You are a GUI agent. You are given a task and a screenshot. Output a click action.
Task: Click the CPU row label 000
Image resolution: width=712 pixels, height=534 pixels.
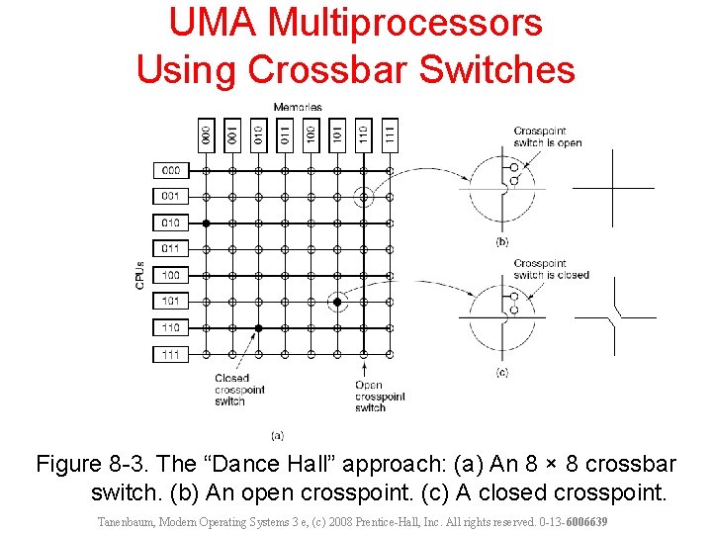coord(171,170)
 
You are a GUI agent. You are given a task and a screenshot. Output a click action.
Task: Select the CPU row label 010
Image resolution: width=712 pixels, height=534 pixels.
coord(171,222)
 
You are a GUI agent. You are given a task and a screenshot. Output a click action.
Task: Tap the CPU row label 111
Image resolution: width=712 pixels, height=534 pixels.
coord(171,354)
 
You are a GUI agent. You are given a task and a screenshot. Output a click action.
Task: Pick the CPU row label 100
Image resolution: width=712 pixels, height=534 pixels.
coord(171,275)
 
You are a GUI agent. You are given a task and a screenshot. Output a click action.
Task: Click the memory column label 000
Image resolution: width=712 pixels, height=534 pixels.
coord(206,134)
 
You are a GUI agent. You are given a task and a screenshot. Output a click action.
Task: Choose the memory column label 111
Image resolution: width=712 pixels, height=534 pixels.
coord(390,134)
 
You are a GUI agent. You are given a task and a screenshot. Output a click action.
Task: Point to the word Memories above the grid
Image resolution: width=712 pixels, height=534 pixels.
coord(298,107)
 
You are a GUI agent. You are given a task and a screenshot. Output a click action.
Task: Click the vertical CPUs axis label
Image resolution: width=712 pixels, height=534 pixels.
coord(140,275)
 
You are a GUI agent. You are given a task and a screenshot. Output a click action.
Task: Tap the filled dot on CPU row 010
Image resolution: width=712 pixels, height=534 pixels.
coord(206,223)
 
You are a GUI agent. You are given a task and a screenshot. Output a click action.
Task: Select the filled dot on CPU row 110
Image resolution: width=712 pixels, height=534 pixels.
coord(258,327)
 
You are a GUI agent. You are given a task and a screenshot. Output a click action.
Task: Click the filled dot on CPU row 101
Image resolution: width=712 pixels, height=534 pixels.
coord(337,301)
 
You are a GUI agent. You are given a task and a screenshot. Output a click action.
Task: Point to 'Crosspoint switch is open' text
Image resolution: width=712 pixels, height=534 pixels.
coord(547,136)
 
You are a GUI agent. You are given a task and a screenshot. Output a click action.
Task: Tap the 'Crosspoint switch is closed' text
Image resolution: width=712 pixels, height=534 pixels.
coord(550,269)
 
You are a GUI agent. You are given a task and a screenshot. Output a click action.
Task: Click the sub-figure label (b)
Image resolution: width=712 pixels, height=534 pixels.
coord(502,241)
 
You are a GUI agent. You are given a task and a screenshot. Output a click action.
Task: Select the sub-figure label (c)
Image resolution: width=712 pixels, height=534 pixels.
coord(502,372)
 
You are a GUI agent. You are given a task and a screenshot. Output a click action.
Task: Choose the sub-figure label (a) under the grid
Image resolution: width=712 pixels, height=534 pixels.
coord(278,435)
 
